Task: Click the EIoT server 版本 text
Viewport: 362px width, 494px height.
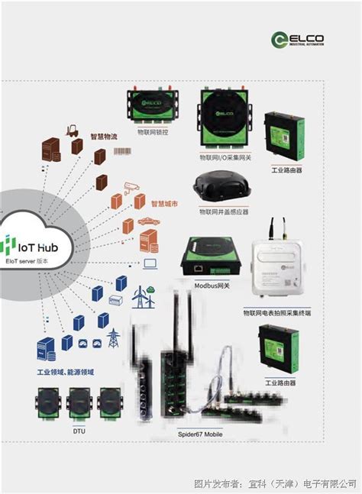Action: (x=27, y=261)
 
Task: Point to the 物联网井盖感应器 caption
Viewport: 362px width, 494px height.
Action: (x=223, y=211)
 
